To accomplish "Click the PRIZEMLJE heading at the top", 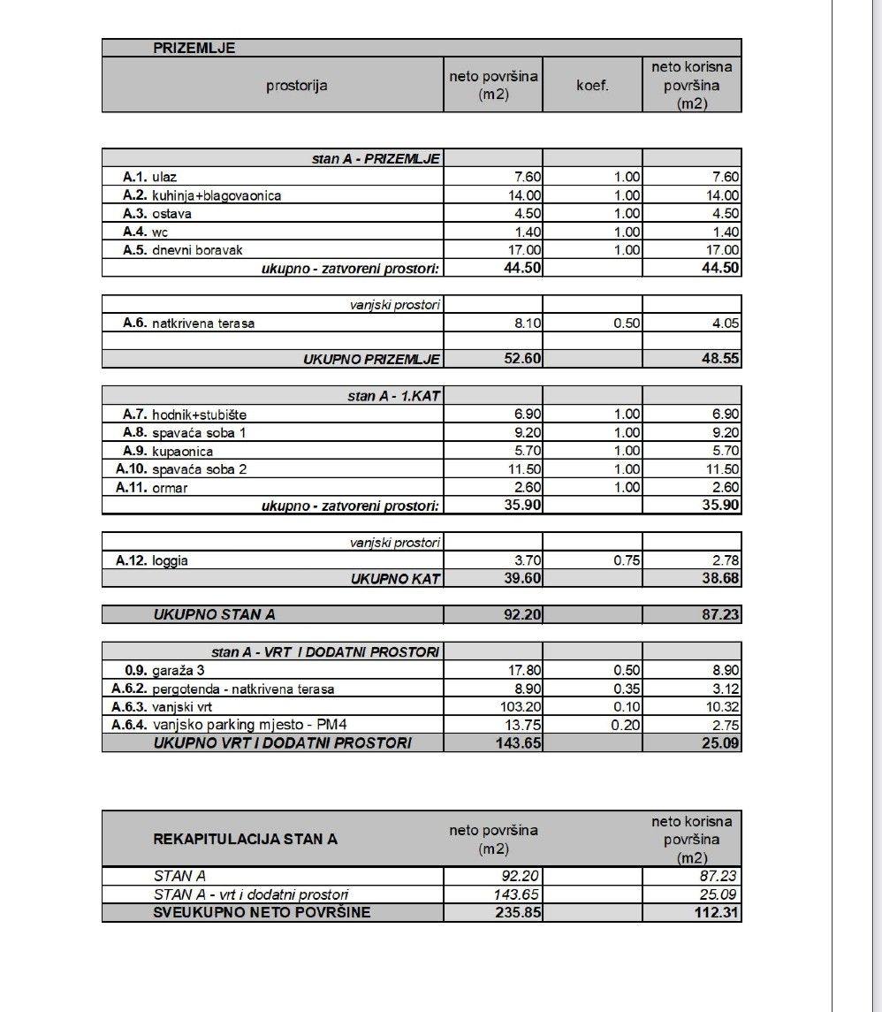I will tap(194, 49).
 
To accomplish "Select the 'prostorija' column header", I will tap(296, 86).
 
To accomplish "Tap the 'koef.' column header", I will tap(592, 86).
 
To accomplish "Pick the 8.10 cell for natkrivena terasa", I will tap(528, 323).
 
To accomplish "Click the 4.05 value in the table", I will tap(725, 323).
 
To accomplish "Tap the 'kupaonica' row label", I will tap(182, 452).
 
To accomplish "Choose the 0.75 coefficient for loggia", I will tap(627, 560).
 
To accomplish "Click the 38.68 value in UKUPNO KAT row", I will tap(721, 579).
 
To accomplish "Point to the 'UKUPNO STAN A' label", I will tap(208, 614).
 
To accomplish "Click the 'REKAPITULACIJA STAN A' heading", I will tap(246, 839).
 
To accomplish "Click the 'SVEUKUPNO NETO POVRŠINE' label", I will tap(262, 912).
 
